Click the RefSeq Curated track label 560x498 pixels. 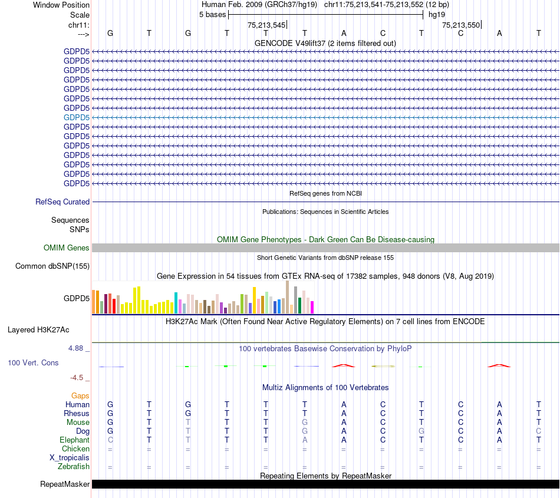click(x=62, y=202)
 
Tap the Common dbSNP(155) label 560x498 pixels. click(x=52, y=266)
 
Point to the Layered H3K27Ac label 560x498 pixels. click(x=38, y=330)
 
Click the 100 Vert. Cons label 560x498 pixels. click(x=33, y=363)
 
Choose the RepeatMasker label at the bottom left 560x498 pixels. click(x=65, y=484)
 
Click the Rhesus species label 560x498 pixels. click(x=77, y=414)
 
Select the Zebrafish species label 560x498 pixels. click(x=74, y=467)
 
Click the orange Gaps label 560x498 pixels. click(x=81, y=396)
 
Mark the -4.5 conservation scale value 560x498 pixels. click(x=78, y=378)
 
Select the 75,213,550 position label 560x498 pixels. click(x=461, y=25)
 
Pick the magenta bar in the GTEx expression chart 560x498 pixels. click(x=312, y=307)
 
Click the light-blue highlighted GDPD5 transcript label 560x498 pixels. click(x=77, y=117)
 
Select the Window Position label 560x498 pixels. click(x=61, y=5)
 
